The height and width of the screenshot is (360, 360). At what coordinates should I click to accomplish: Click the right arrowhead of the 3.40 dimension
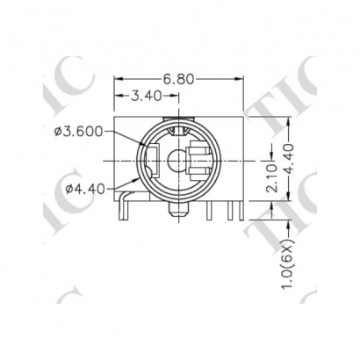[x=178, y=94]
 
